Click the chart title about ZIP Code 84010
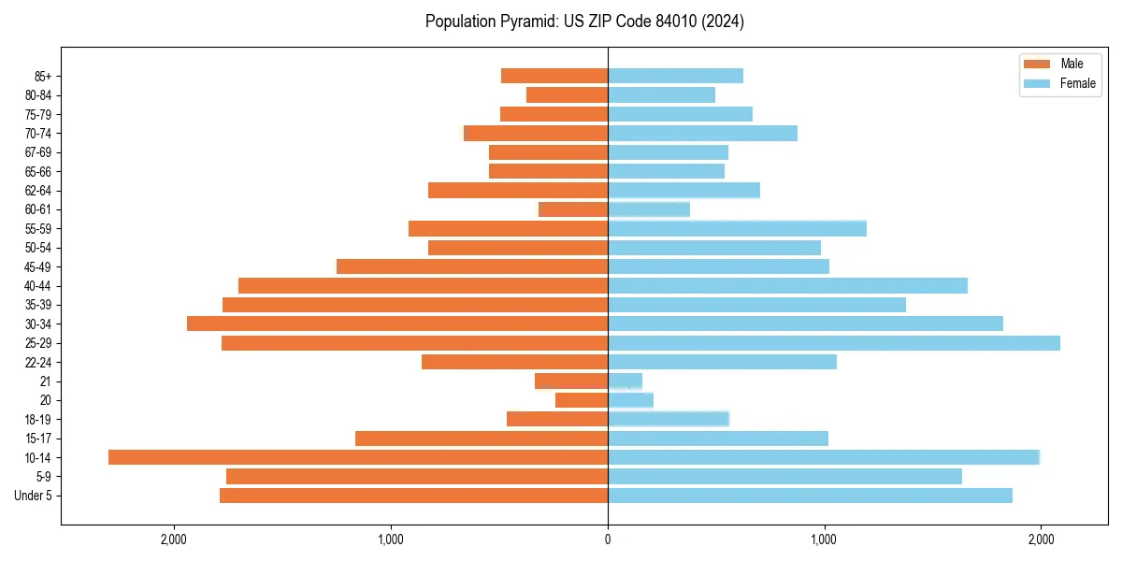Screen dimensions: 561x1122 [584, 22]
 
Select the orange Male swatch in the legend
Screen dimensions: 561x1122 [1037, 64]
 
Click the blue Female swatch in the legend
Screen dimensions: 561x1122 [1037, 83]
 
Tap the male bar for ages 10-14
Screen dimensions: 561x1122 [358, 457]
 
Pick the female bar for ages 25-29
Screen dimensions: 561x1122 [834, 343]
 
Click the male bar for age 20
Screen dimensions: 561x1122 [582, 400]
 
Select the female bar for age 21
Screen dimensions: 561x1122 [625, 381]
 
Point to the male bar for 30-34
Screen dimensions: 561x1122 [397, 324]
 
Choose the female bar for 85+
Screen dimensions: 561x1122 [675, 76]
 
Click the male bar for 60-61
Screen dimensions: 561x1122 [573, 209]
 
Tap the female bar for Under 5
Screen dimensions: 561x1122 [810, 496]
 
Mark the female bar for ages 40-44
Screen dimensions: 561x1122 [787, 286]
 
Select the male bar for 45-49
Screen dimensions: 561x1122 [472, 266]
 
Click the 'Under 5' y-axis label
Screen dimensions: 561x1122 [33, 496]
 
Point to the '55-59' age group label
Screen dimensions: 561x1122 [38, 229]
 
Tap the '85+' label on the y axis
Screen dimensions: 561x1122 [42, 76]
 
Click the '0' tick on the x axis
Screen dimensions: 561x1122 [608, 539]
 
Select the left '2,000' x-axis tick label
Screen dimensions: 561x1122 [174, 539]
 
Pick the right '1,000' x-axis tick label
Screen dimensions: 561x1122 [824, 539]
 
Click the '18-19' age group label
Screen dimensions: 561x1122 [38, 420]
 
